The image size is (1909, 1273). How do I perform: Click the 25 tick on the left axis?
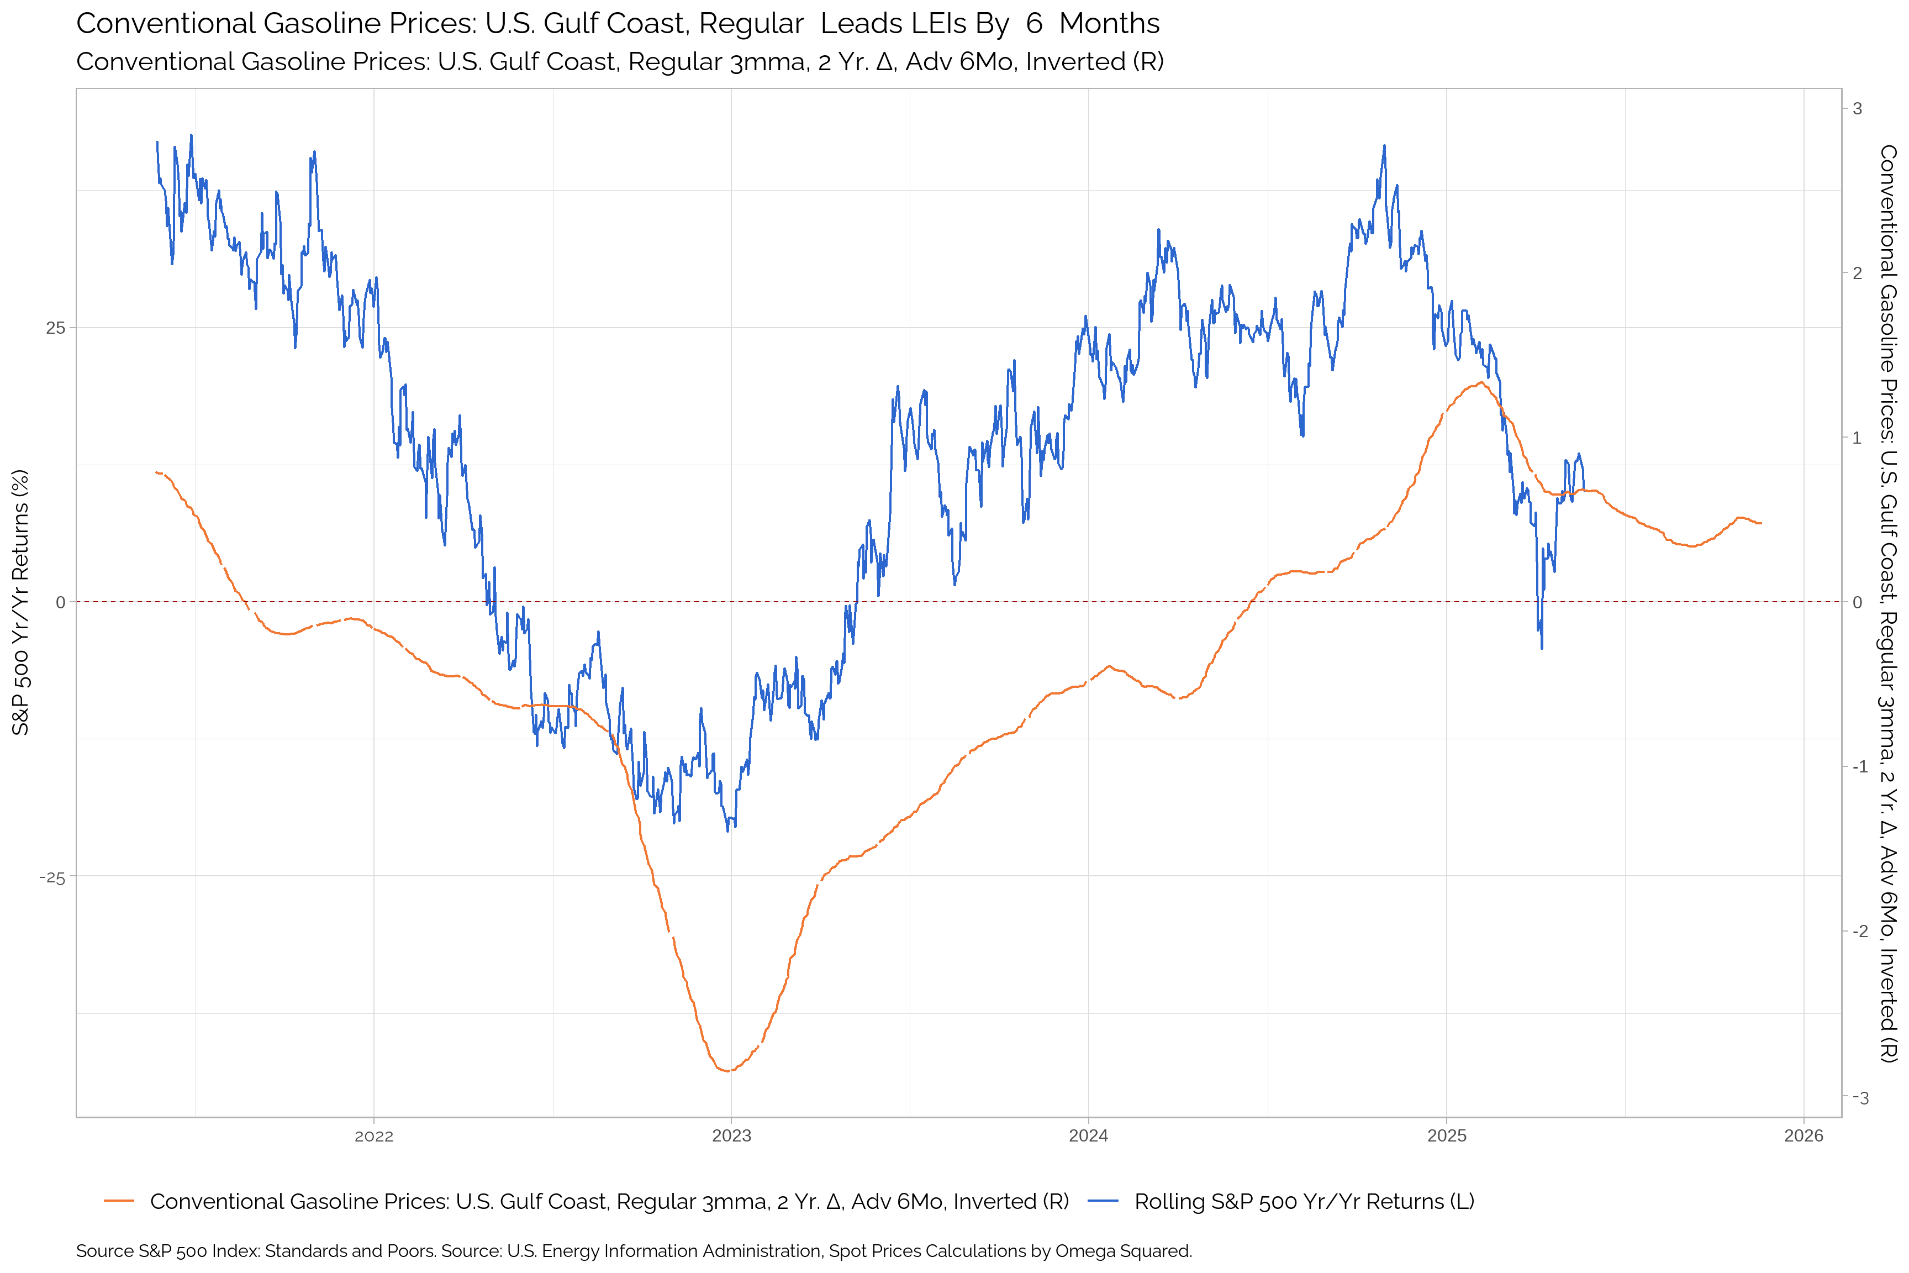(55, 328)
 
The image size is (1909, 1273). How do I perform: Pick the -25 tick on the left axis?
(52, 877)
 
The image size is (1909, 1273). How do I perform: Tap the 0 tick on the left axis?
(60, 602)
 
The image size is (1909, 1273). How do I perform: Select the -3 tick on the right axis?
(1855, 1098)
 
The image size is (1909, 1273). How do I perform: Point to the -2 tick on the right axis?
(1855, 931)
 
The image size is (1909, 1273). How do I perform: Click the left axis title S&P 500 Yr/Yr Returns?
(20, 602)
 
